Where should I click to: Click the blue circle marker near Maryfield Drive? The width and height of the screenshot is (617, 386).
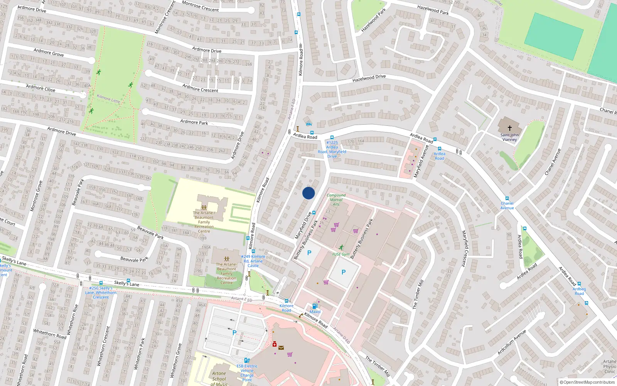(x=308, y=193)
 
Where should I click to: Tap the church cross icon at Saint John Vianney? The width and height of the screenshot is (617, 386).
(x=509, y=128)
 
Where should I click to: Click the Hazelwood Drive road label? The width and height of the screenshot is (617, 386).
(x=369, y=78)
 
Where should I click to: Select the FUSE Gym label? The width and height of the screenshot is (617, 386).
(x=341, y=254)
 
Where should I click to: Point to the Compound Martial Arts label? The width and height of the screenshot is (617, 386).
(x=336, y=200)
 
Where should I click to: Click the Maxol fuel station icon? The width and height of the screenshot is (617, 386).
(x=315, y=306)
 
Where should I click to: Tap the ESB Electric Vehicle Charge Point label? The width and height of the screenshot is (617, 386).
(x=247, y=372)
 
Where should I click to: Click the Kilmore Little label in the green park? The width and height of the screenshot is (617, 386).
(x=108, y=98)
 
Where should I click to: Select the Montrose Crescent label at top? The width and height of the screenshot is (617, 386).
(x=200, y=6)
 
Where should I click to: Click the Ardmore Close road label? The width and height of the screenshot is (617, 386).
(x=40, y=88)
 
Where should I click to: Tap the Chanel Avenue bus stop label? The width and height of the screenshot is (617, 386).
(x=507, y=205)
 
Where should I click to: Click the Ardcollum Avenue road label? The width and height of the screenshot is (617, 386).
(x=512, y=342)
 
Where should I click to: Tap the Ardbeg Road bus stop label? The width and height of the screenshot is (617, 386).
(x=579, y=291)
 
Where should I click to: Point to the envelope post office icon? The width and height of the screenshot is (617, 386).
(x=281, y=347)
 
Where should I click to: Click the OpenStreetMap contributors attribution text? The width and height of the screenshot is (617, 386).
(x=589, y=382)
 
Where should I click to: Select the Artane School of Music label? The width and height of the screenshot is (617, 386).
(x=219, y=378)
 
